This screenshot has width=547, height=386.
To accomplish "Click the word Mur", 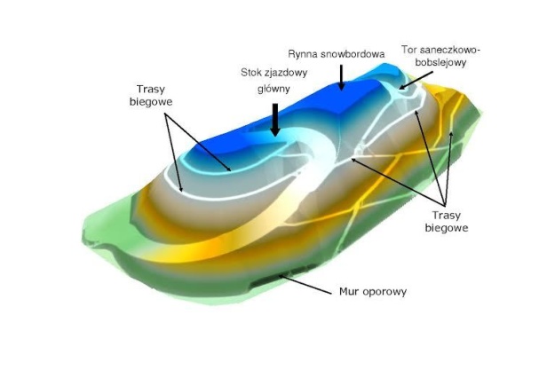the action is coord(351,291).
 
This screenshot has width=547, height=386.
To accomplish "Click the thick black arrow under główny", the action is coord(275,120).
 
